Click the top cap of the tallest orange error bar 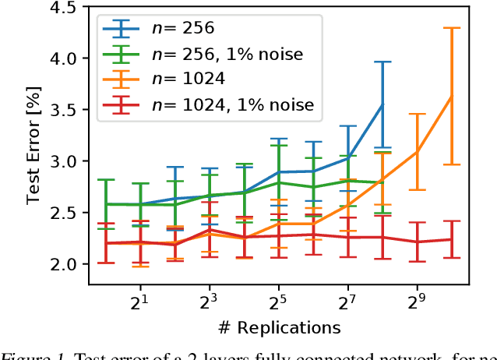[451, 28]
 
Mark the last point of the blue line [382, 104]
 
